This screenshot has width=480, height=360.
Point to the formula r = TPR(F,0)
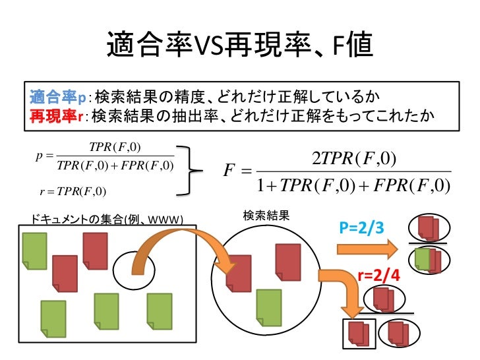click(73, 192)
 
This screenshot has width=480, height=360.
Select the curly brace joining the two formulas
click(191, 171)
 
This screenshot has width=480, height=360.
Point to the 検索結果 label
click(262, 216)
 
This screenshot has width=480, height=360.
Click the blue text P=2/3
click(361, 228)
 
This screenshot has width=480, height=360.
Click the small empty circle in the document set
click(134, 269)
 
